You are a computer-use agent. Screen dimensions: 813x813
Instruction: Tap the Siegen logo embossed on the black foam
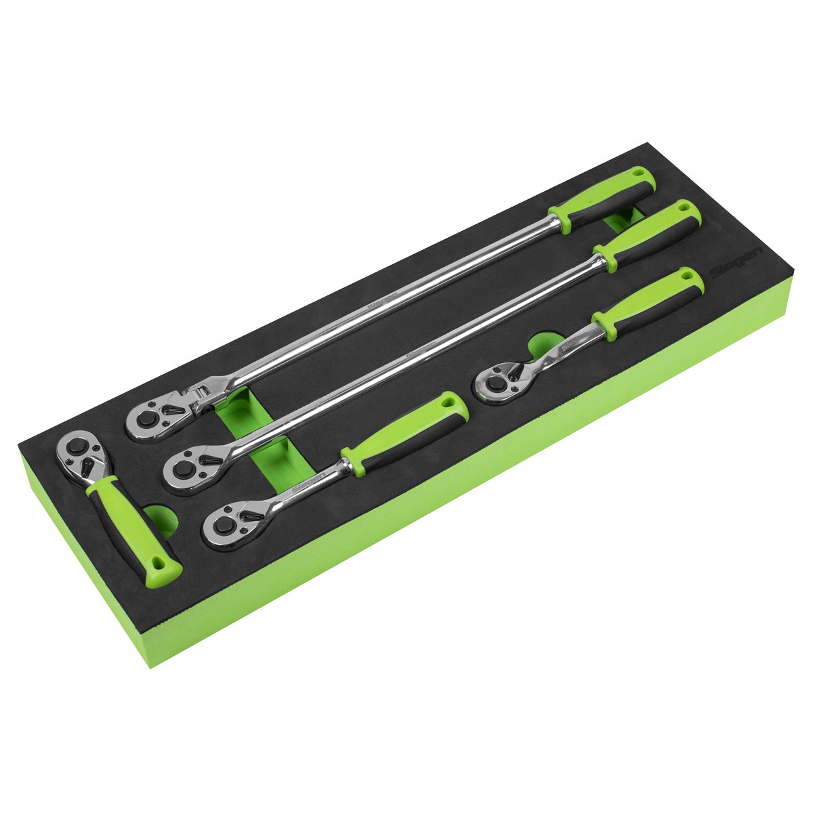[729, 269]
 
